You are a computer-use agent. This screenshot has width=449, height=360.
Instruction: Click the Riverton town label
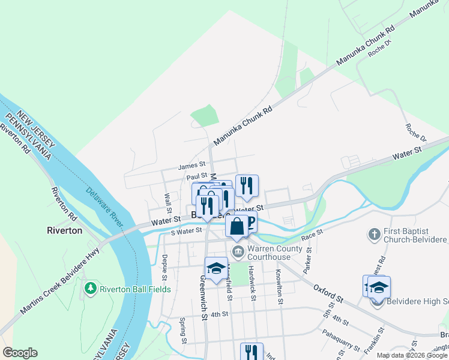pyautogui.click(x=64, y=230)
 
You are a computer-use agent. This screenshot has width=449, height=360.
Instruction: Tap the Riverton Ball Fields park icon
pyautogui.click(x=91, y=289)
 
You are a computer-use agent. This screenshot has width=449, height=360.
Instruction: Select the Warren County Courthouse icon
pyautogui.click(x=238, y=250)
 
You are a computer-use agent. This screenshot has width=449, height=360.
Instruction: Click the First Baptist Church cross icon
pyautogui.click(x=374, y=233)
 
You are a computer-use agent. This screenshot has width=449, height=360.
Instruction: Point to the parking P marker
pyautogui.click(x=249, y=223)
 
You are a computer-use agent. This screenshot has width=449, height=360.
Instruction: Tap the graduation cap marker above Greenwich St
pyautogui.click(x=216, y=268)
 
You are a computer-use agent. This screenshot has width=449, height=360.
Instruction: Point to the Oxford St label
pyautogui.click(x=327, y=293)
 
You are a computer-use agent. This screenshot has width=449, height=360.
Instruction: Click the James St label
pyautogui.click(x=192, y=164)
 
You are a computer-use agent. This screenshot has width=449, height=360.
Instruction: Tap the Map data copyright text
pyautogui.click(x=412, y=355)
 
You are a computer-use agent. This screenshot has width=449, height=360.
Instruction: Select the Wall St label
pyautogui.click(x=168, y=197)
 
